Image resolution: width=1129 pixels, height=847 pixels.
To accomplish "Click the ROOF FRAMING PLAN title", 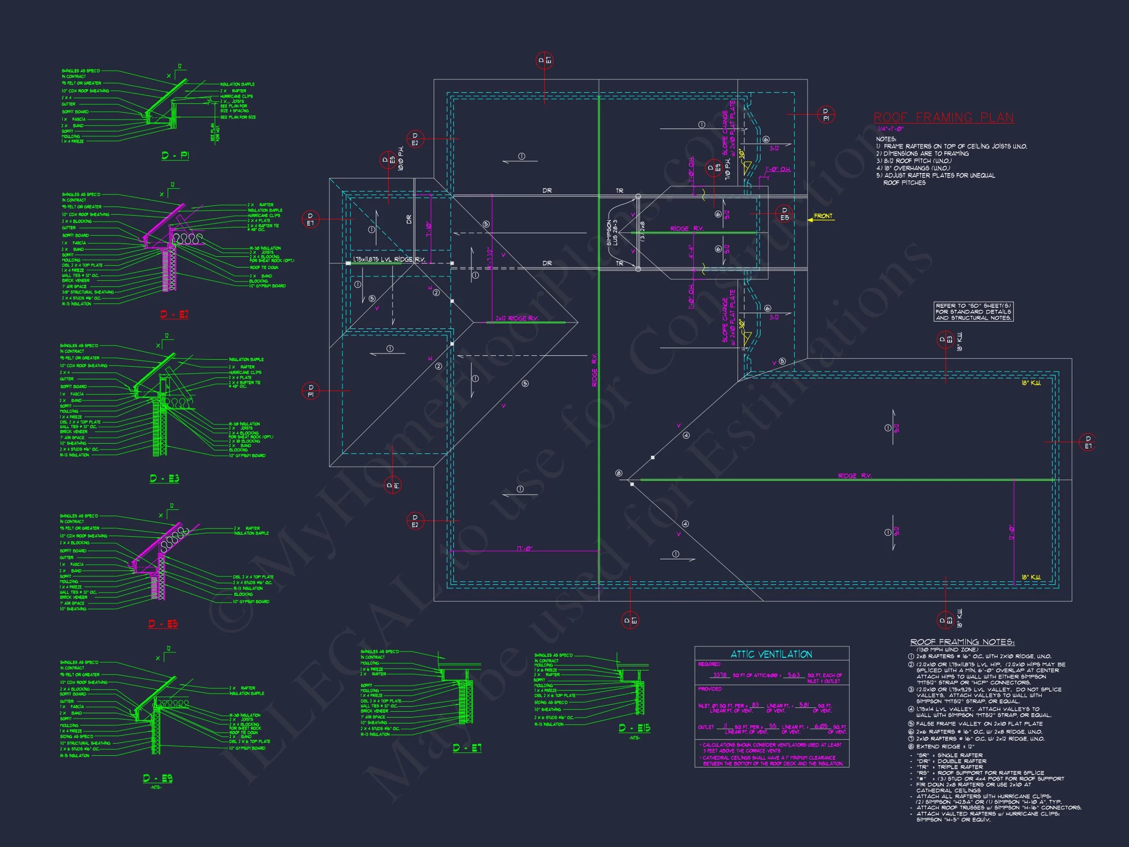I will coord(943,118).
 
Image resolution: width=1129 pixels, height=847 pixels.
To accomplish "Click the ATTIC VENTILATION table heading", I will coord(771,654).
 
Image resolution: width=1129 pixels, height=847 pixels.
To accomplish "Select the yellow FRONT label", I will coord(823,216).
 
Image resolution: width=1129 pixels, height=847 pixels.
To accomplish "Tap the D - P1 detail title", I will coord(175,155).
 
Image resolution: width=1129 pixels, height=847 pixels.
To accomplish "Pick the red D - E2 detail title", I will coord(174,315).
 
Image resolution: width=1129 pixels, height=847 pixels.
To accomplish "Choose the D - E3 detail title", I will coord(164,478).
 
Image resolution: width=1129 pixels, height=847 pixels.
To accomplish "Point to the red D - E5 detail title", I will coord(163,624).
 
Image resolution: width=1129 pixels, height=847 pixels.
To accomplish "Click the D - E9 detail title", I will coord(158,778).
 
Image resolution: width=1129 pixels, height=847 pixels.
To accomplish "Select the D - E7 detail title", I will coord(467,748).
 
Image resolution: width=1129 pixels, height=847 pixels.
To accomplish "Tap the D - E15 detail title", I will coord(635,728).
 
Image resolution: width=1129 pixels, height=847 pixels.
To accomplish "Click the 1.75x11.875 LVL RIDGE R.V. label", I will coord(389,259).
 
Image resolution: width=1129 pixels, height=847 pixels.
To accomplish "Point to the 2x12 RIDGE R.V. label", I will coord(517,319).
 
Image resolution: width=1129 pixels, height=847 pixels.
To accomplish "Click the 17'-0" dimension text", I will coord(524,549).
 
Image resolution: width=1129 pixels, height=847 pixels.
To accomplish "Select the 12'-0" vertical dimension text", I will coord(1011,532).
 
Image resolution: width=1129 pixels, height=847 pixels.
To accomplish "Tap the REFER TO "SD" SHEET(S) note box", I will coord(973,311).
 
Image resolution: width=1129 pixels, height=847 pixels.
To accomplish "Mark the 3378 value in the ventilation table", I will coord(720,675).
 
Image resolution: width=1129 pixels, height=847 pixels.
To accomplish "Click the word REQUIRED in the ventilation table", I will coord(709,664).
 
